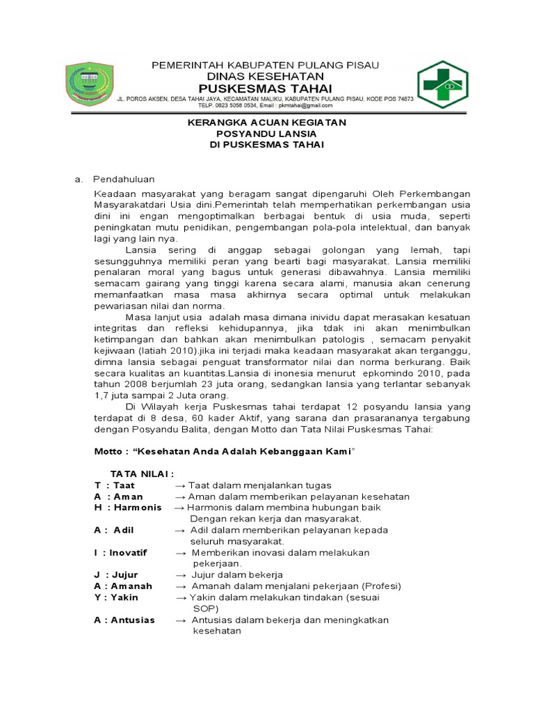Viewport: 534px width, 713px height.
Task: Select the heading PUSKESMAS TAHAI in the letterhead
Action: point(265,88)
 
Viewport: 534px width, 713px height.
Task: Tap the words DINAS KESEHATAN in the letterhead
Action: point(266,76)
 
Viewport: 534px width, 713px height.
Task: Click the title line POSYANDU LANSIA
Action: point(267,134)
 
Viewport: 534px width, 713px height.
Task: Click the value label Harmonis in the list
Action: point(138,508)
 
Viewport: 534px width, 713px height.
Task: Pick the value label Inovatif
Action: point(132,552)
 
